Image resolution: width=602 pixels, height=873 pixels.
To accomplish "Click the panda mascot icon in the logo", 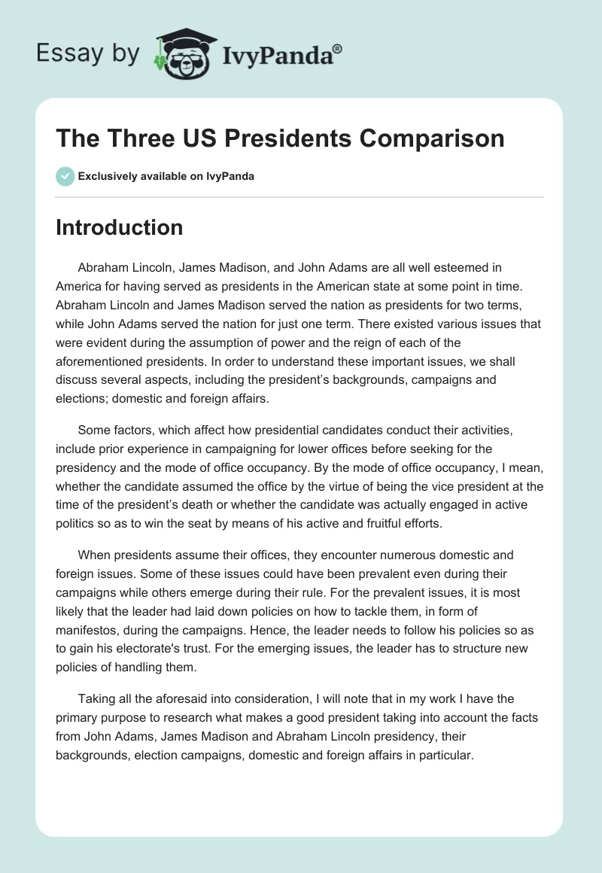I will click(x=183, y=54).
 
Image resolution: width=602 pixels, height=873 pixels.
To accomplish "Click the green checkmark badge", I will click(x=65, y=176).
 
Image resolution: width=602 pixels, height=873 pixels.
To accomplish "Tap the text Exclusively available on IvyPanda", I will click(x=166, y=177).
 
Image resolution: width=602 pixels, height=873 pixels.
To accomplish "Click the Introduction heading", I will click(x=119, y=227).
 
